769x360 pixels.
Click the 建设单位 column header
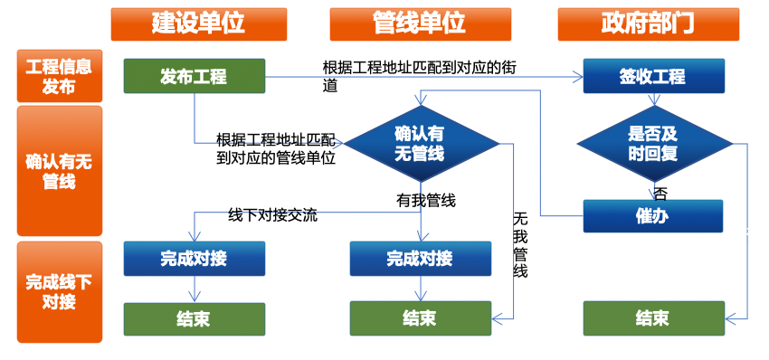click(199, 24)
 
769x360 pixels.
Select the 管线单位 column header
click(421, 24)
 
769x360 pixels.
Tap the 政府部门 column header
click(649, 24)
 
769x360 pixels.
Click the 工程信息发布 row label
click(60, 76)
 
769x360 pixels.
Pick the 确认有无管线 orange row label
click(60, 171)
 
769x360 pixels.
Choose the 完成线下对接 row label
click(60, 292)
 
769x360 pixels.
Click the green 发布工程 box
click(195, 76)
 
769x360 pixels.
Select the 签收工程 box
click(654, 76)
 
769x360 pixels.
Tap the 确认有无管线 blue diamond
click(421, 143)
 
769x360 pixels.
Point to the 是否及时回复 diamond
click(654, 144)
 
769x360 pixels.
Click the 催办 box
click(653, 216)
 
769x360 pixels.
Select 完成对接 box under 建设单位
click(195, 259)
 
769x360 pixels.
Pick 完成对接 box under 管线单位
click(421, 259)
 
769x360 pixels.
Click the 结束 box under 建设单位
click(195, 318)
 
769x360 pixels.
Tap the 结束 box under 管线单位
click(421, 318)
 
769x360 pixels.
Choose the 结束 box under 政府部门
click(654, 318)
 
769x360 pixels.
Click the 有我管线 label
click(426, 200)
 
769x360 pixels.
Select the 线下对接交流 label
click(272, 214)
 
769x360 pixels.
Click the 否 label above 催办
click(660, 194)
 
